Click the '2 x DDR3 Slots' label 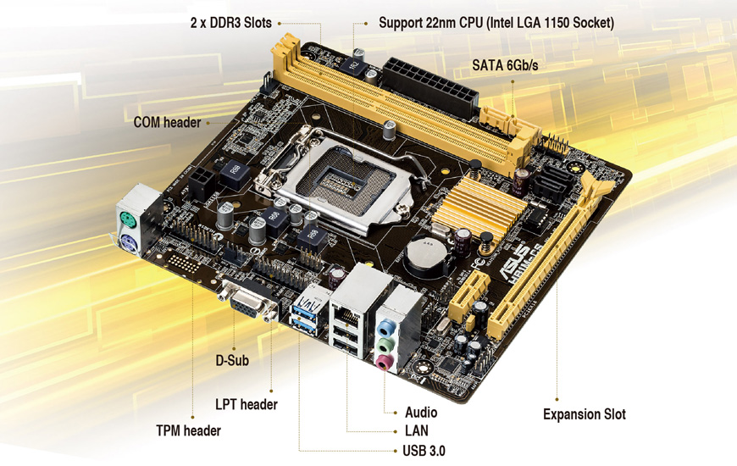point(230,23)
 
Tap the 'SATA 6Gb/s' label point(505,65)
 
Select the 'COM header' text point(167,122)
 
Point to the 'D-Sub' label point(232,360)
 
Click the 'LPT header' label point(247,404)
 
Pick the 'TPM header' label point(188,430)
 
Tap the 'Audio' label point(421,413)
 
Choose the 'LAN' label point(417,430)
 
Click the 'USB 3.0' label point(424,451)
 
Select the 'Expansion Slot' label point(585,414)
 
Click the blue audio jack point(386,326)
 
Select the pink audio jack point(384,362)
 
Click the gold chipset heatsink point(479,206)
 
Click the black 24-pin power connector point(430,87)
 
